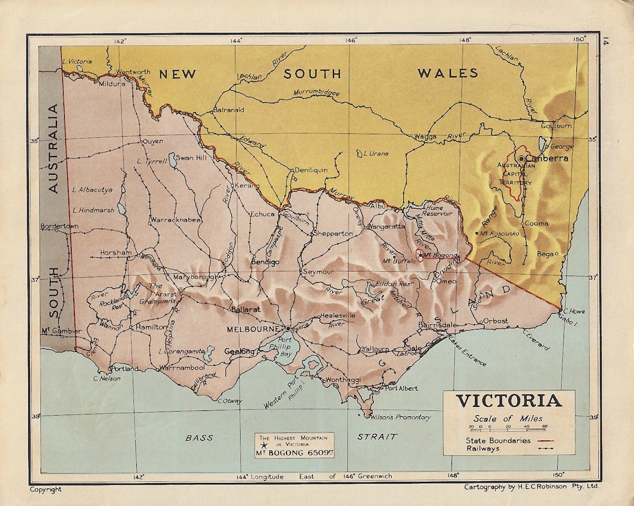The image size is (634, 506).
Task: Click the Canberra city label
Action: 547,158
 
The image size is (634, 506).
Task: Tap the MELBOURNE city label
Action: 253,330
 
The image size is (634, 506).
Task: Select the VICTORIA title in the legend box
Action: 509,401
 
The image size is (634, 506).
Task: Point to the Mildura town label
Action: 112,84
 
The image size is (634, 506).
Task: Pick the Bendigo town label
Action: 265,262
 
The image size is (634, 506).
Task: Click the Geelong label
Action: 239,352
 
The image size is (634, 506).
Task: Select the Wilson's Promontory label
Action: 401,417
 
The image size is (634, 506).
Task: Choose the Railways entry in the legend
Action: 483,449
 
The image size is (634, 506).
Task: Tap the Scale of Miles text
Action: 508,419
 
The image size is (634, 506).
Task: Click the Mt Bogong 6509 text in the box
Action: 294,453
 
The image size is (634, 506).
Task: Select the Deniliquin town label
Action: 311,169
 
